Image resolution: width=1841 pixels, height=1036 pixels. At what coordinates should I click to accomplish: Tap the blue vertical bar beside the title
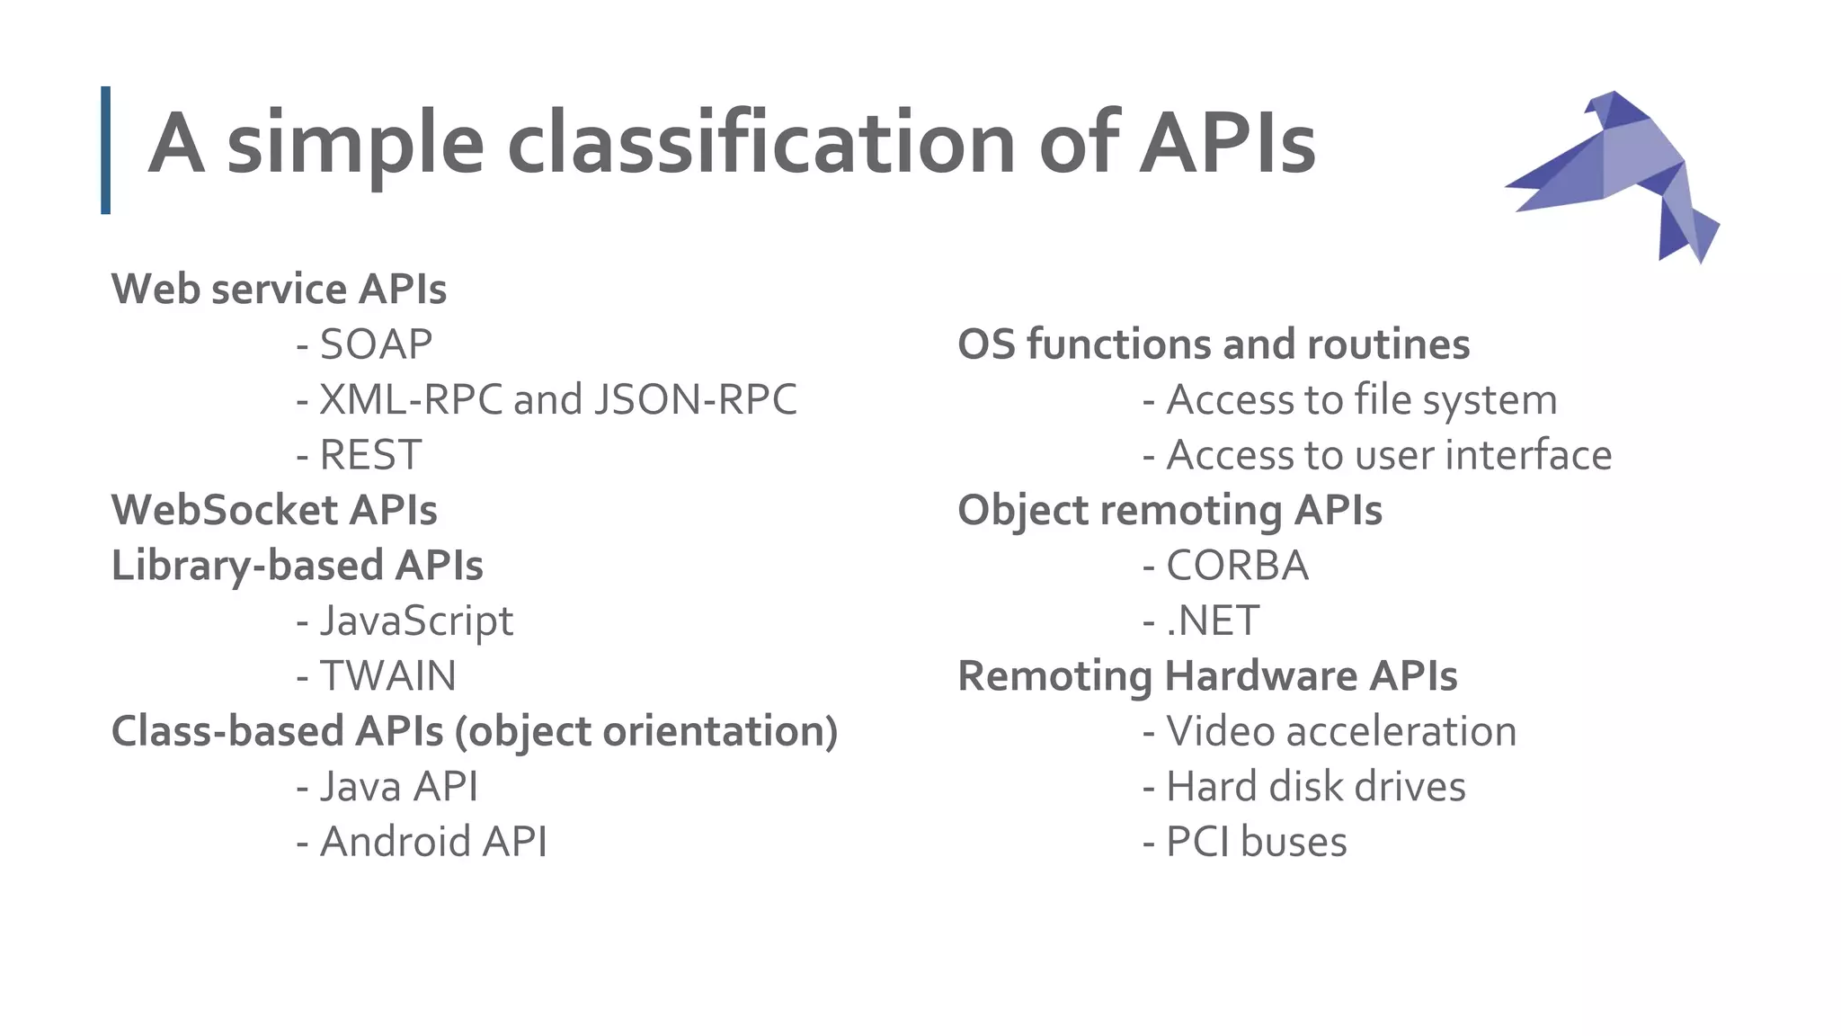coord(106,150)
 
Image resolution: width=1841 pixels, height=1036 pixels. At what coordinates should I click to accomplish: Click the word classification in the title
coord(760,144)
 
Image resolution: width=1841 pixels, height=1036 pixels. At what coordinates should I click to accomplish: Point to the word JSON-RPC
coord(695,399)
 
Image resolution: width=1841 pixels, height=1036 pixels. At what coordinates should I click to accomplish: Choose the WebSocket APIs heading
coord(274,510)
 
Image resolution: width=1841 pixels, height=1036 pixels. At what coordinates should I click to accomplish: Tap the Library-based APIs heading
coord(297,566)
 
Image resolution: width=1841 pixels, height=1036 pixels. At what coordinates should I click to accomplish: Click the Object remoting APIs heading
coord(1170,510)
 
